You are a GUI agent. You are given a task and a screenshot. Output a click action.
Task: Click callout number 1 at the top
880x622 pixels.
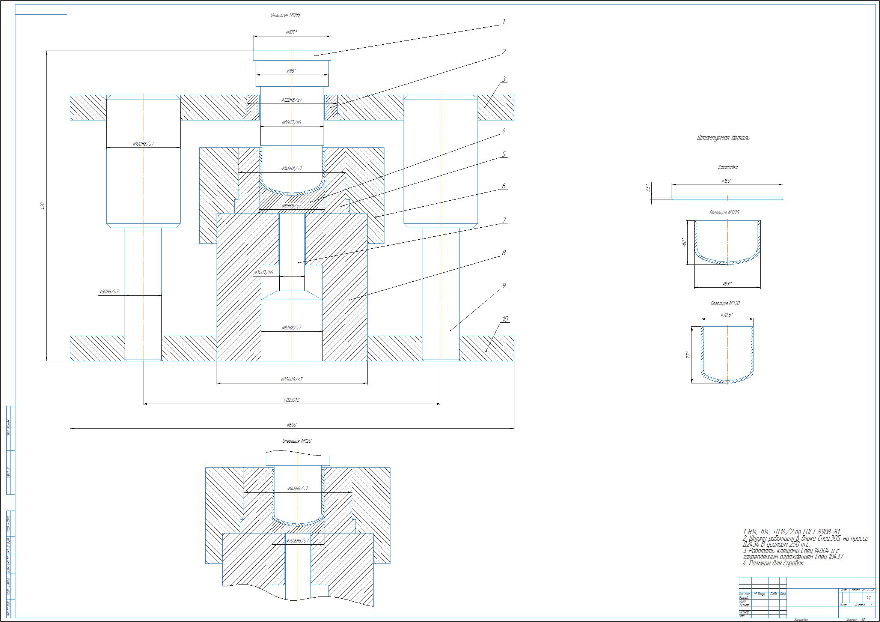(x=504, y=22)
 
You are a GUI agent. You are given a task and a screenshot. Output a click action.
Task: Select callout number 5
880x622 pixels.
(x=504, y=154)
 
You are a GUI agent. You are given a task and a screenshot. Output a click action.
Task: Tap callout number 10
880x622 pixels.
(x=505, y=319)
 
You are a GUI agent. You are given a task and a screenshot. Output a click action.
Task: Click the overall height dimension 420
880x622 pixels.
(x=43, y=206)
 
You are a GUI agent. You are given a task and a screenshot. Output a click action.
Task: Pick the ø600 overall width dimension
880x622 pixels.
(x=291, y=425)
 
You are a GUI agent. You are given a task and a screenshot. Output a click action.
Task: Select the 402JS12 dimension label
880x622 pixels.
(x=291, y=400)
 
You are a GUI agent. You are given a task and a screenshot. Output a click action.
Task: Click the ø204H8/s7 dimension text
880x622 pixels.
(x=291, y=379)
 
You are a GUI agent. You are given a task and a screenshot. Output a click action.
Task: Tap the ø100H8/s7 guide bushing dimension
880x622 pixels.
(x=143, y=144)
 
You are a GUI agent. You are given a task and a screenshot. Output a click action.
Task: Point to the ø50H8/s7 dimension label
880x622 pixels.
(x=109, y=291)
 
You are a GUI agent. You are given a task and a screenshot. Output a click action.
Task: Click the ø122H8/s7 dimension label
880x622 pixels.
(x=291, y=99)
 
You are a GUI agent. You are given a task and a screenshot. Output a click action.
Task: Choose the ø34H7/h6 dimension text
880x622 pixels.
(x=264, y=272)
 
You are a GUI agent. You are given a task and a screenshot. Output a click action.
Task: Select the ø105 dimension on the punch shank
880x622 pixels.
(x=291, y=33)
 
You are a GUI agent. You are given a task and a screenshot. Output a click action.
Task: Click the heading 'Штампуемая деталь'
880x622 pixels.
(x=723, y=138)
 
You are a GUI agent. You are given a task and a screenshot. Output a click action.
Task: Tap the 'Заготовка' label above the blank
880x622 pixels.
(x=727, y=167)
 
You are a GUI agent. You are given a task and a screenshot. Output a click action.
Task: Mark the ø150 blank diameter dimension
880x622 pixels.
(x=727, y=181)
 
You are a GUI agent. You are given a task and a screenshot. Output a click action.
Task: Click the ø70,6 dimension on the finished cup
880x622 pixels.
(x=727, y=315)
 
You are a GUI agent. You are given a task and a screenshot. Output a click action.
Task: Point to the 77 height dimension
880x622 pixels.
(x=689, y=355)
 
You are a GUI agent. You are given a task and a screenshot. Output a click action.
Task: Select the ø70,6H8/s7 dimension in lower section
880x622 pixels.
(x=297, y=541)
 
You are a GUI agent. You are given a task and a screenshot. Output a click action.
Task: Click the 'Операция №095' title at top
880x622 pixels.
(x=285, y=15)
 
